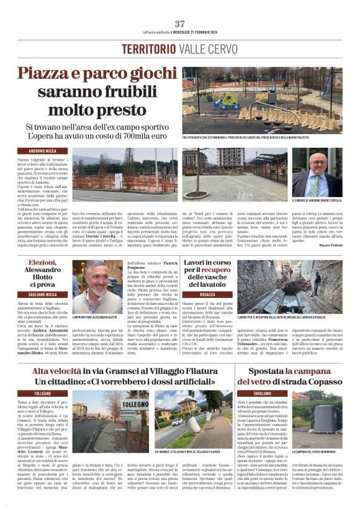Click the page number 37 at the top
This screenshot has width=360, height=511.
[x=179, y=23]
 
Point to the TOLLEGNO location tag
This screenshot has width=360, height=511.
[x=34, y=394]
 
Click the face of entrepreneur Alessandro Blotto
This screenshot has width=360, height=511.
[x=96, y=279]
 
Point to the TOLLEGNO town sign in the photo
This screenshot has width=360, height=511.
[x=134, y=405]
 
